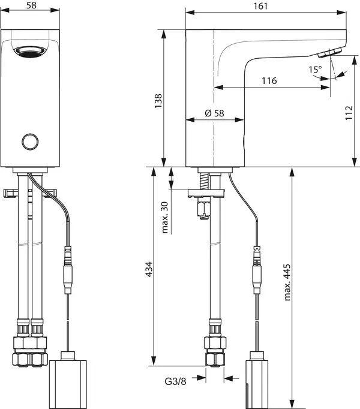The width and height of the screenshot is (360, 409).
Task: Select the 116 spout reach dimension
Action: click(269, 80)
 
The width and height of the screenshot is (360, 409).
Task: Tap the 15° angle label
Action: click(314, 70)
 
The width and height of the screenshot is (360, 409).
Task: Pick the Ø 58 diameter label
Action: click(214, 113)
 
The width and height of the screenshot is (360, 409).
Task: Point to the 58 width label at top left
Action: click(34, 5)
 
